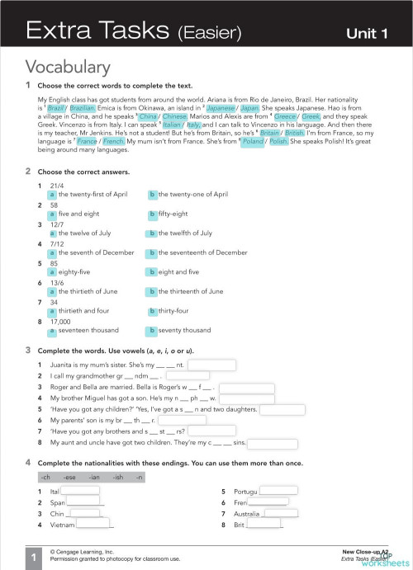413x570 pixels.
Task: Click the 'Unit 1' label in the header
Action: tap(367, 34)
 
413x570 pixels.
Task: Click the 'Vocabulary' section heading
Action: tap(75, 66)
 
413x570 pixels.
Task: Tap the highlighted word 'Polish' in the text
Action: tap(278, 140)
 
